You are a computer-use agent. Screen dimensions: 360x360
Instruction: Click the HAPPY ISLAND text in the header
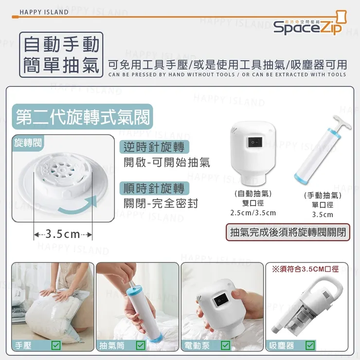point(44,12)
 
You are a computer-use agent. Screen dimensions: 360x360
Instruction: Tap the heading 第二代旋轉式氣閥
point(83,117)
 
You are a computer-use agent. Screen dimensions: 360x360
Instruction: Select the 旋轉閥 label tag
point(28,143)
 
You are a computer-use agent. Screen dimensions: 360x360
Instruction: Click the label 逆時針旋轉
point(154,147)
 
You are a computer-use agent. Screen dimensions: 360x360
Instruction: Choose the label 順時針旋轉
point(154,188)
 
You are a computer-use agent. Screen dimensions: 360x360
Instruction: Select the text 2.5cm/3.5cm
point(253,213)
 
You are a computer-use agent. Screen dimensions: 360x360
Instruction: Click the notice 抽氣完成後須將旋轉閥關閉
point(289,232)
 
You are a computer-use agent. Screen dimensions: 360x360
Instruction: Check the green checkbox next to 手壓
point(56,345)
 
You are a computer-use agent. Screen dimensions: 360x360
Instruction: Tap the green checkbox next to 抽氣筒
point(141,345)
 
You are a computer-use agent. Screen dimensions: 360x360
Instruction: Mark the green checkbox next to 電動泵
point(225,345)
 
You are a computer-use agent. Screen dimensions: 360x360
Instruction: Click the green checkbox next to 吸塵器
point(310,345)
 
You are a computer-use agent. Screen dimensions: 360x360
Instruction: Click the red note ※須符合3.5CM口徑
point(305,269)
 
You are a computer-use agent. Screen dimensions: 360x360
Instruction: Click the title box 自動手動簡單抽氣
point(62,54)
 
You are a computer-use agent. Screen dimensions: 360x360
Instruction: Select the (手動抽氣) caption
point(322,196)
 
